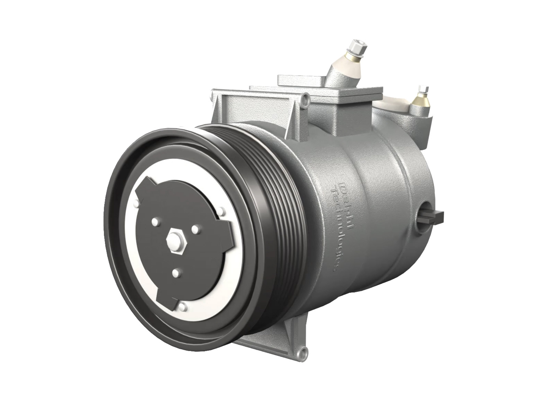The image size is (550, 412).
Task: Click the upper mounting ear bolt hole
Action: pyautogui.click(x=307, y=101)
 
